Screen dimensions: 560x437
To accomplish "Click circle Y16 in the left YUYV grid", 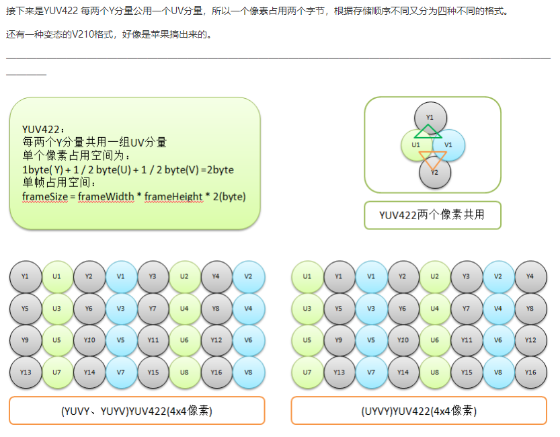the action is (x=217, y=372).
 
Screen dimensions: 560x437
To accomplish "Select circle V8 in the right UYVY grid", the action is (x=499, y=372).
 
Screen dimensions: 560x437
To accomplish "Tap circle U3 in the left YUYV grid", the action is (x=58, y=308).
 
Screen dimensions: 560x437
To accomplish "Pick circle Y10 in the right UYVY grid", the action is (x=403, y=340).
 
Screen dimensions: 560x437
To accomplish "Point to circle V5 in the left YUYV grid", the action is (x=121, y=340).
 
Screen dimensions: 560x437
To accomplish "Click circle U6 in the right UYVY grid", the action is (x=435, y=340).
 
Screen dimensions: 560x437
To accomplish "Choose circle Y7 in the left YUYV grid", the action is (x=153, y=308).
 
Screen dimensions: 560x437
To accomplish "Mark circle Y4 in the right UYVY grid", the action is (x=530, y=276).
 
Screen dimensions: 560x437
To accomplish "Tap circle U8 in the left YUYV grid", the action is (x=185, y=372).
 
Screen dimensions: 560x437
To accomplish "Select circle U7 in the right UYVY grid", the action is (x=307, y=372).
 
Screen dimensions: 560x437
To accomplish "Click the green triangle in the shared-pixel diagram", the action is (x=428, y=131).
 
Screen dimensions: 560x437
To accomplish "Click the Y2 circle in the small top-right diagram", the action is (x=434, y=172).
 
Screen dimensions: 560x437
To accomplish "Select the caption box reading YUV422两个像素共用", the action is (x=432, y=215).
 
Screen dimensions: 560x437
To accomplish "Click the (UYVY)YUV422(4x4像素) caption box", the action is (x=419, y=411).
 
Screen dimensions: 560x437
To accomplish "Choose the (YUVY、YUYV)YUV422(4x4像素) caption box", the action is (x=137, y=411).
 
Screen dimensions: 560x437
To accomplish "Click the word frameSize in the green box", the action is (x=42, y=196).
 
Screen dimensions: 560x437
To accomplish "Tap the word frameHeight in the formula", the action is (x=173, y=196).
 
